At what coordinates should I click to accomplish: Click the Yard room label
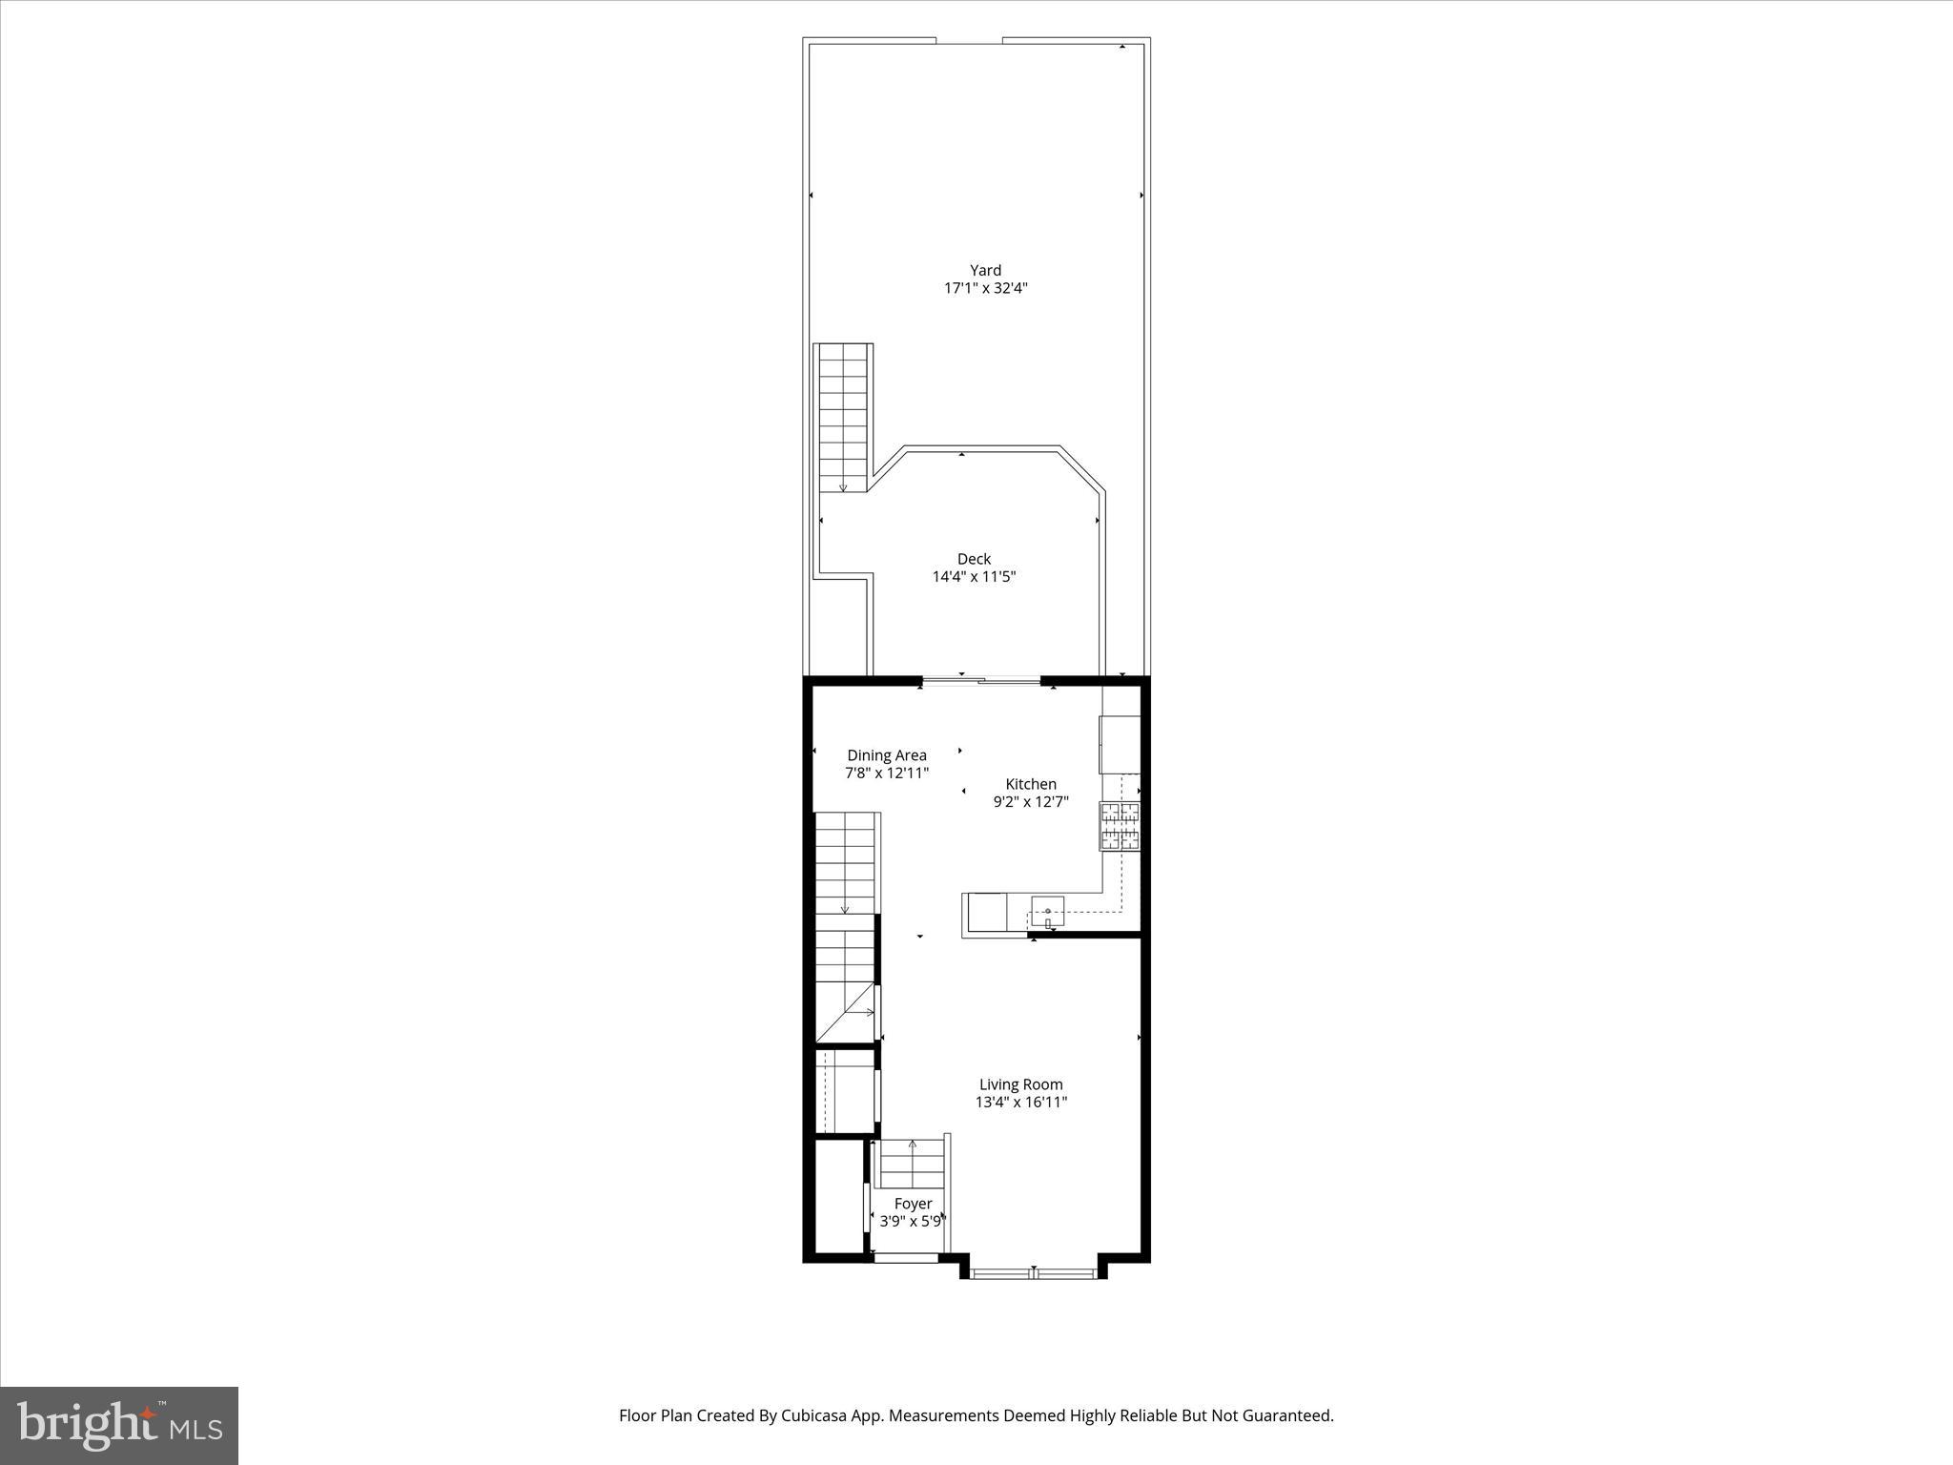pos(985,270)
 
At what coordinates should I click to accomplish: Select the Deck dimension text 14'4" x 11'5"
pos(974,576)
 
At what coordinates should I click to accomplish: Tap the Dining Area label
pos(887,755)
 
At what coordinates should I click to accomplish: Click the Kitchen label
pos(1031,784)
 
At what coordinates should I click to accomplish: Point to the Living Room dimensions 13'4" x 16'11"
pos(1020,1102)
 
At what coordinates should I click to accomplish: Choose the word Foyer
pos(913,1204)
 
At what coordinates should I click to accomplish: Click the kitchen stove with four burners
pos(1120,826)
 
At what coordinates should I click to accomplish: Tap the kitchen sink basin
pos(1047,912)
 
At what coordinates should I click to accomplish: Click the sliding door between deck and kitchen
pos(980,681)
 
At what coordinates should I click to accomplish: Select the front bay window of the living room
pos(1035,1271)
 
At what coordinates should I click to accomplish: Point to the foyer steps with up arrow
pos(912,1163)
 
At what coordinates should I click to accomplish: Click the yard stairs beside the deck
pos(843,418)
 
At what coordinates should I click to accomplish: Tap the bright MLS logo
pos(119,1426)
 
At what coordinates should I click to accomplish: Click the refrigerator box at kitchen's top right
pos(1120,744)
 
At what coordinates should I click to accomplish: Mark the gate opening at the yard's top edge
pos(969,41)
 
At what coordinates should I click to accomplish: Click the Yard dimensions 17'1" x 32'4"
pos(985,288)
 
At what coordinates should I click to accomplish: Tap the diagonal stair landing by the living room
pos(846,1013)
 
